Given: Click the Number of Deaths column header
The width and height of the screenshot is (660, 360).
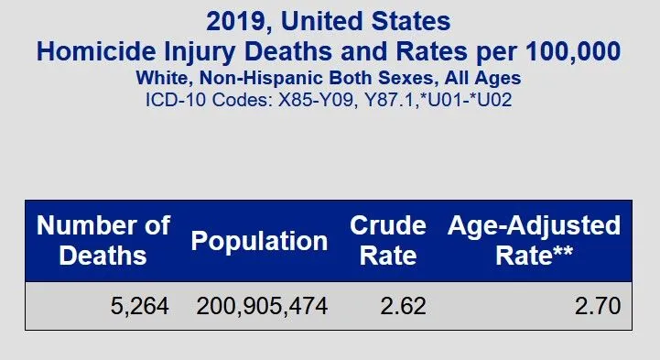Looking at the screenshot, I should (x=103, y=240).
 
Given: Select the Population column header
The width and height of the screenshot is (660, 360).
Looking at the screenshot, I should (x=259, y=241).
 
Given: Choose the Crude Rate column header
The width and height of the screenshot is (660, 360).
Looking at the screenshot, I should (x=388, y=240).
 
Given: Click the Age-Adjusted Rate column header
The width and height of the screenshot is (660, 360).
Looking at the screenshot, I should (x=534, y=240).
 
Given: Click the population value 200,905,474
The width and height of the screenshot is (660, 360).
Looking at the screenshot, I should (x=262, y=306).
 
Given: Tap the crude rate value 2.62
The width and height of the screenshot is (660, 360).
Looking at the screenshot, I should (x=404, y=306).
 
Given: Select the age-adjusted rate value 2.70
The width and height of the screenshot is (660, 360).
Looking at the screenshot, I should (x=598, y=306).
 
